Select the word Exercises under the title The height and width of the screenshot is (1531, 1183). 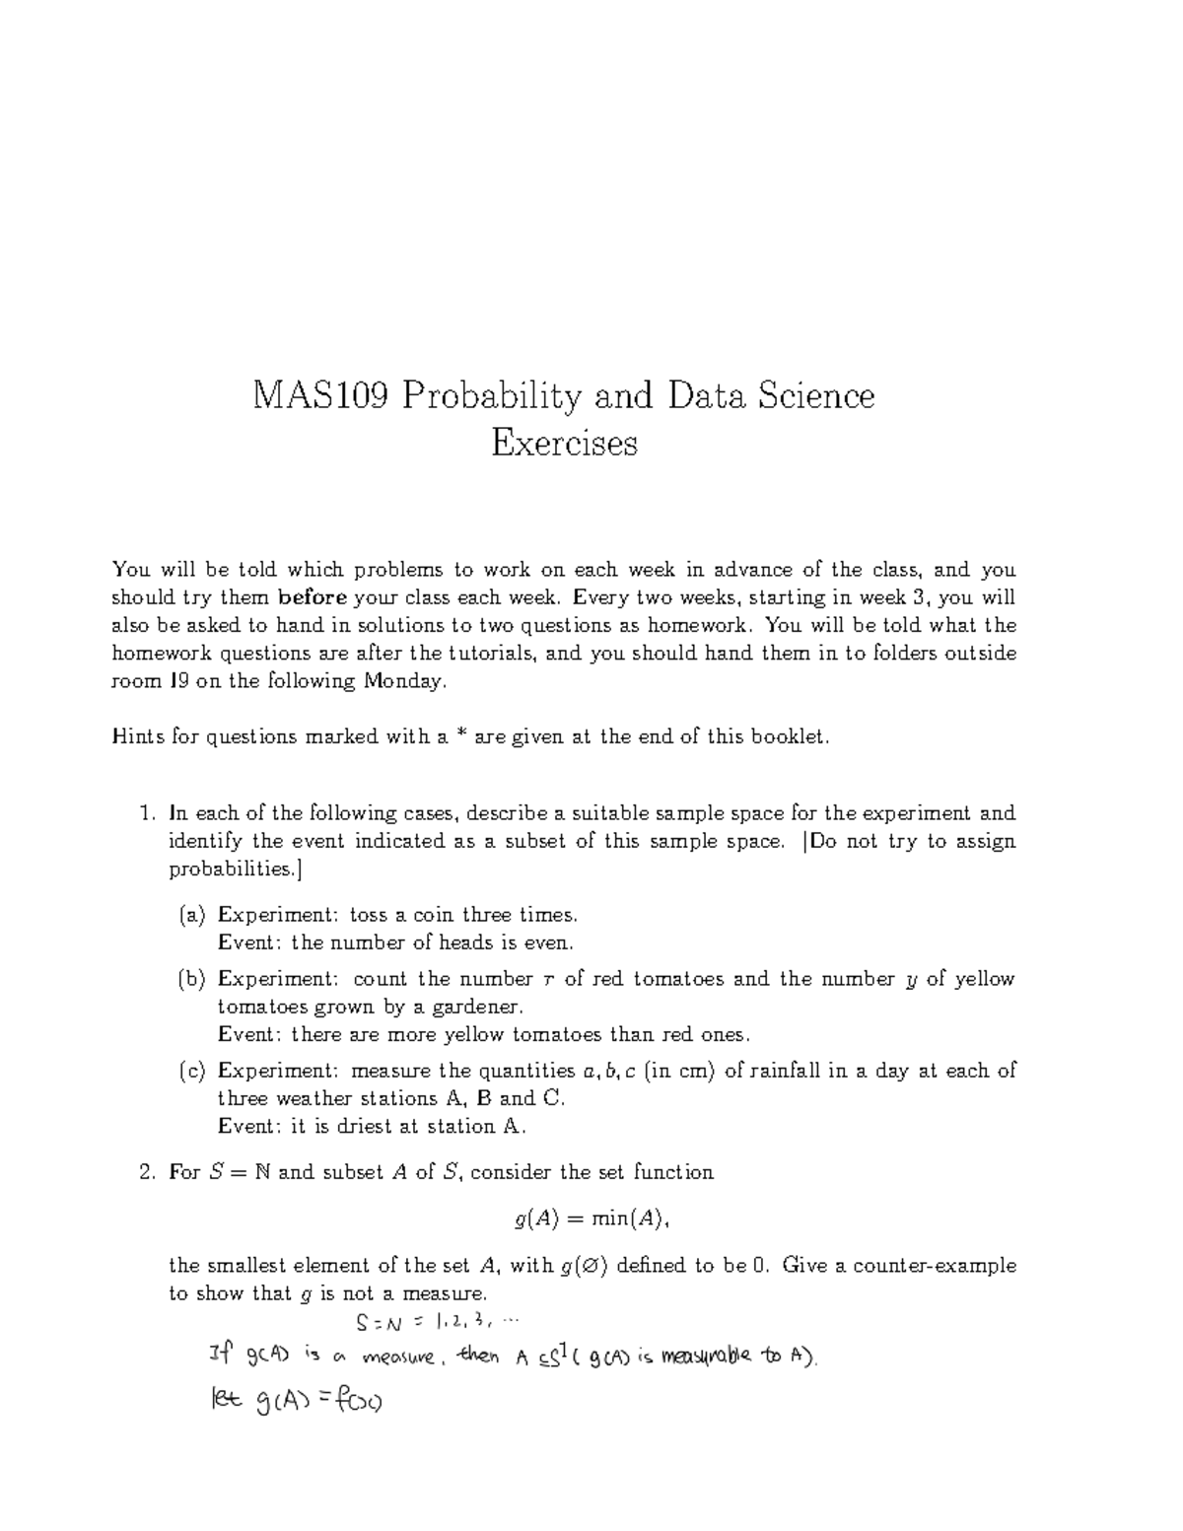pos(564,444)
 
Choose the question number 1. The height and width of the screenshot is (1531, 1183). pos(146,814)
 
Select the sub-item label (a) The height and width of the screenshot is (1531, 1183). pos(192,915)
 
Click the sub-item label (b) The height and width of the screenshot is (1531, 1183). pos(192,979)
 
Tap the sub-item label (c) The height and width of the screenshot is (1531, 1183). pos(192,1071)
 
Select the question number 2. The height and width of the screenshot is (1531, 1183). pos(146,1172)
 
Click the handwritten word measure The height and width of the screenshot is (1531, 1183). pos(398,1358)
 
